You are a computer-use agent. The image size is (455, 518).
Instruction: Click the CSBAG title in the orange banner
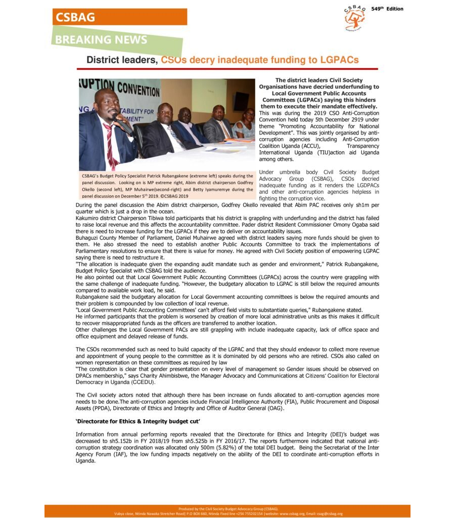pyautogui.click(x=75, y=17)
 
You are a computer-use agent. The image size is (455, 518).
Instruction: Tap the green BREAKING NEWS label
pyautogui.click(x=102, y=40)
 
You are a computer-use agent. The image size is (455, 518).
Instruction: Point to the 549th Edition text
pyautogui.click(x=387, y=9)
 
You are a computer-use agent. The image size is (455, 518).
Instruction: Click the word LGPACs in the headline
pyautogui.click(x=338, y=60)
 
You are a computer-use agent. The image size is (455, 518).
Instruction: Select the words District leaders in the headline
pyautogui.click(x=122, y=60)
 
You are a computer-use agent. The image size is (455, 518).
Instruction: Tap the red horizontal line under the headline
pyautogui.click(x=227, y=69)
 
